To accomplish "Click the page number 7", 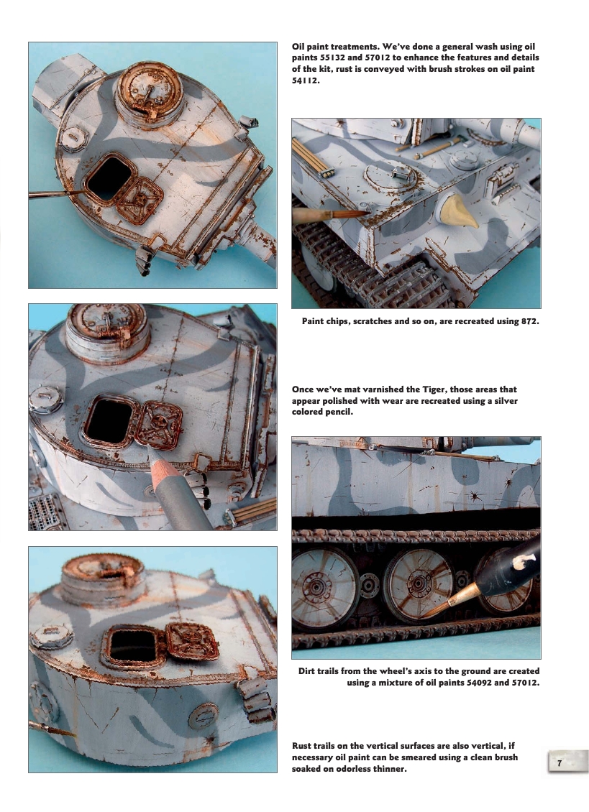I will point(560,763).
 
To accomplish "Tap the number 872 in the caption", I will point(528,320).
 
